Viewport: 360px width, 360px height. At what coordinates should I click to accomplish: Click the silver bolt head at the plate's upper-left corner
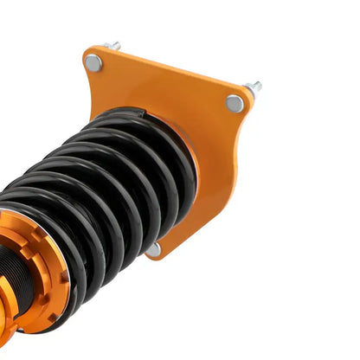93,62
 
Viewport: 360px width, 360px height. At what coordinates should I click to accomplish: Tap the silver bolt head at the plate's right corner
235,104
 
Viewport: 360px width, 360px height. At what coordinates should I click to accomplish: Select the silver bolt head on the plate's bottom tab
153,249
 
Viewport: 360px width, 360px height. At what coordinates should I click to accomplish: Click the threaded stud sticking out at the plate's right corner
254,87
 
